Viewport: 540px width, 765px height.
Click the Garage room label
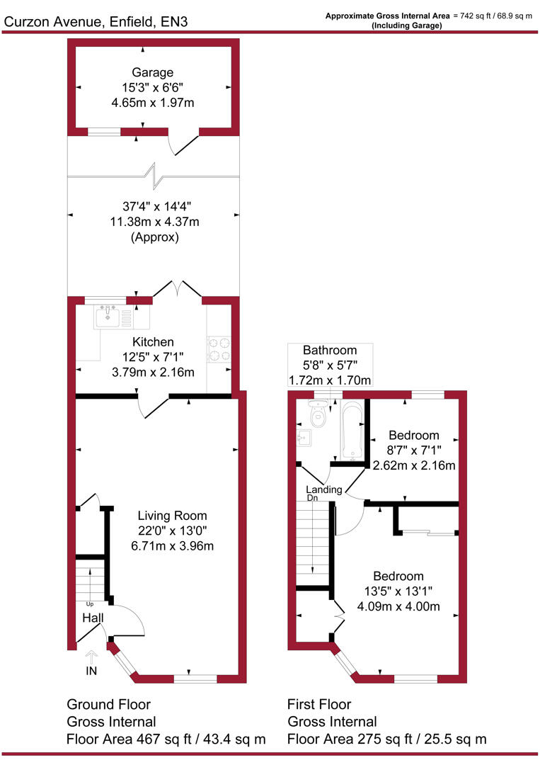click(152, 72)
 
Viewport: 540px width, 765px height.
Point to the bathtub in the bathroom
click(352, 431)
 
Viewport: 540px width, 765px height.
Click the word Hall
click(93, 618)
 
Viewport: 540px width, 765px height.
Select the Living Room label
click(172, 516)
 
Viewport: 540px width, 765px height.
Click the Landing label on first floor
click(324, 489)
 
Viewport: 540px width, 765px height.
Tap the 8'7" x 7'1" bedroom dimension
click(413, 450)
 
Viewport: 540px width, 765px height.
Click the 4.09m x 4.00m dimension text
click(398, 606)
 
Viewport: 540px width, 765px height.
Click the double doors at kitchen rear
click(178, 288)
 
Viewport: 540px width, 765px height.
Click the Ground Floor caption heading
click(108, 705)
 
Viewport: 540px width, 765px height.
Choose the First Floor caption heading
click(319, 705)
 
